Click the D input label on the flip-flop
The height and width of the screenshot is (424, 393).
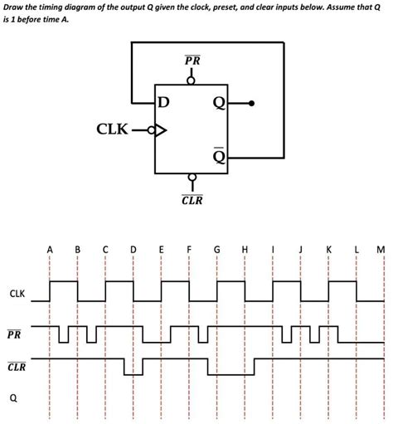[163, 103]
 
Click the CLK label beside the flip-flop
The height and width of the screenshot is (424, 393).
[114, 129]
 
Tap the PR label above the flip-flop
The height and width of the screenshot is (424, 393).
[192, 61]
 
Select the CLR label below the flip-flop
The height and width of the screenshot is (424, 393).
[192, 200]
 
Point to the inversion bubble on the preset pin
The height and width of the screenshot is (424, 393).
[192, 80]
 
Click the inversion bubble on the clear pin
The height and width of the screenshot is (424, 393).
[192, 178]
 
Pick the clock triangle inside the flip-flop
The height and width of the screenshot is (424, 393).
[160, 129]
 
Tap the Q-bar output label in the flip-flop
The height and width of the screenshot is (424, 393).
[218, 155]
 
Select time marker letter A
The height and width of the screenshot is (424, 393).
[50, 248]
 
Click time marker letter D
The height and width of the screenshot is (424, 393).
[133, 248]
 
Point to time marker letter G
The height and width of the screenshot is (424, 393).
[217, 248]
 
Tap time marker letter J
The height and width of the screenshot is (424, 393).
[301, 248]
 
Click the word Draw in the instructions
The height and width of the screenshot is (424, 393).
[14, 7]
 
